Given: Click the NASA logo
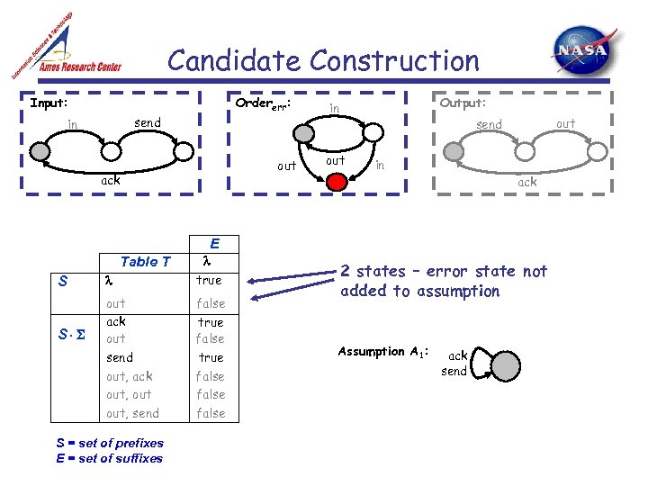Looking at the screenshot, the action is (x=585, y=50).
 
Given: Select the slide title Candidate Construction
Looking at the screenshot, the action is (x=324, y=61).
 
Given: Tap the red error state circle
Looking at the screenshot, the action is (x=336, y=182).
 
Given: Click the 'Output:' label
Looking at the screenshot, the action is (x=463, y=103).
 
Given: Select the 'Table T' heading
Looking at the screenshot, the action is (x=145, y=262).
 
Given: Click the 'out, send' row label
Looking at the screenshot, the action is (x=132, y=413).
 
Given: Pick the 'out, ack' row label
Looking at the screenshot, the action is (x=129, y=376).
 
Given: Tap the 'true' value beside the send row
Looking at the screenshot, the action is (x=211, y=357).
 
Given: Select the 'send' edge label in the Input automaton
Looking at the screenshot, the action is (x=148, y=122).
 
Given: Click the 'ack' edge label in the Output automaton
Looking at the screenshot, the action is (x=526, y=182).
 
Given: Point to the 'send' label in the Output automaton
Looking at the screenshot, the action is (x=489, y=124).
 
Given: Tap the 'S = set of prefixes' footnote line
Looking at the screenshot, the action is (x=110, y=443).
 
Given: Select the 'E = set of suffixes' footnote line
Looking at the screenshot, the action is (x=109, y=458).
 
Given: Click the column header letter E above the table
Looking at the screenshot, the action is (x=214, y=243).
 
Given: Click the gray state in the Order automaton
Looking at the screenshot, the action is (x=304, y=133).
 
